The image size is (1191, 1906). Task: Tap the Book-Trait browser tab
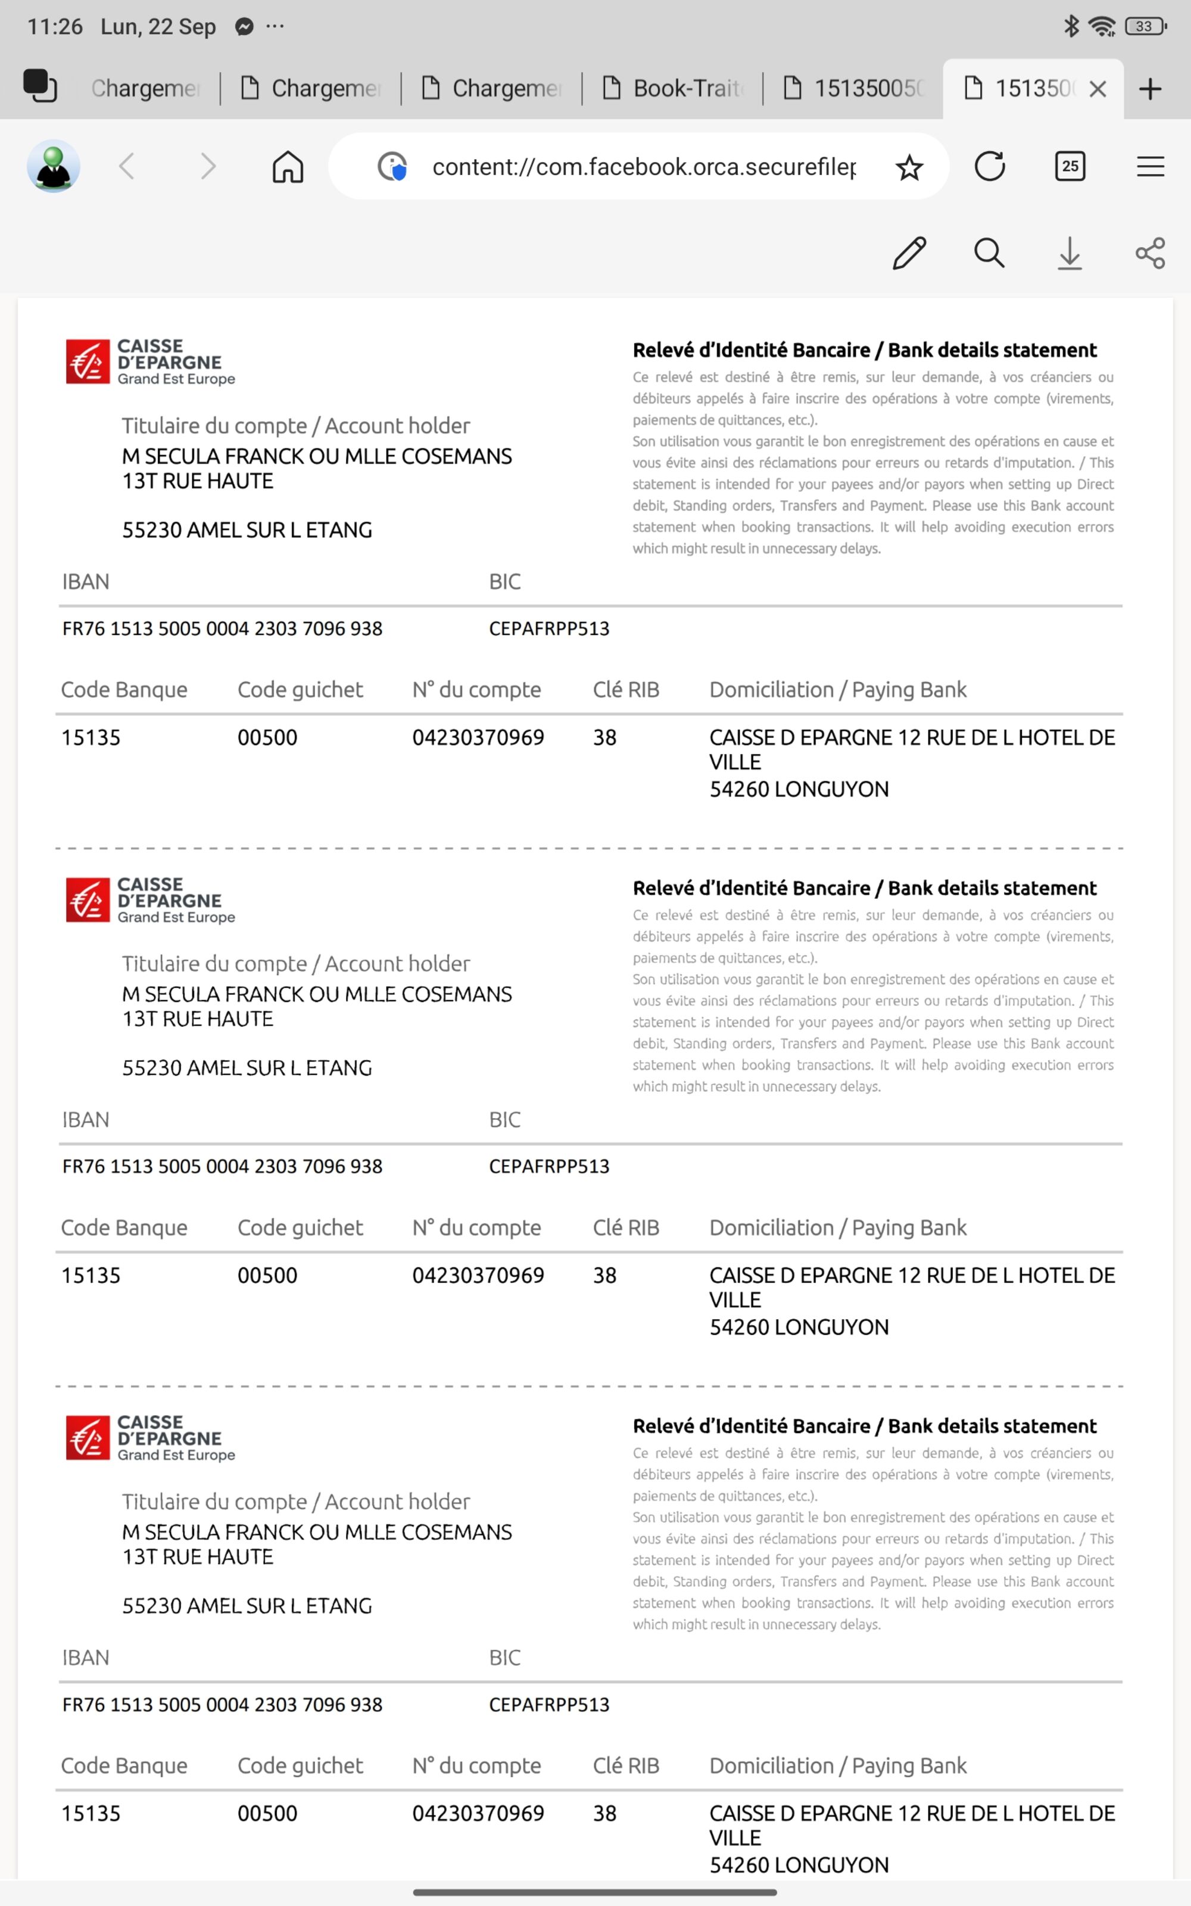point(674,88)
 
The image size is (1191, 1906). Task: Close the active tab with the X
point(1098,89)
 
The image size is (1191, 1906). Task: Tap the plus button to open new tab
point(1150,89)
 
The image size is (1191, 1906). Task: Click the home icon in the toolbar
point(288,167)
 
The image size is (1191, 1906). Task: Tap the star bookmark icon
point(909,167)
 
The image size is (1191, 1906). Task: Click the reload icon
point(989,166)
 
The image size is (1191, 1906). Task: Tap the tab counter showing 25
point(1070,166)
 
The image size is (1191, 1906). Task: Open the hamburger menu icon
point(1150,166)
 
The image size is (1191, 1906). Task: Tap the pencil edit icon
point(909,253)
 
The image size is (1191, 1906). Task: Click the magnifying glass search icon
point(989,253)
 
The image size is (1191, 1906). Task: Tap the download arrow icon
point(1069,253)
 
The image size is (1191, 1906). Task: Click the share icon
point(1150,253)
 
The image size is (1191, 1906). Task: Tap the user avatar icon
point(54,166)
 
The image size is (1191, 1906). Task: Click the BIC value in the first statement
point(549,628)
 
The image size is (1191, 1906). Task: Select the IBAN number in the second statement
point(222,1166)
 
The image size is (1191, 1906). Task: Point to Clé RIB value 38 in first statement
point(604,737)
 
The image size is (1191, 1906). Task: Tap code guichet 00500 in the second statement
point(267,1275)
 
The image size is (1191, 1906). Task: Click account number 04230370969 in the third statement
point(478,1813)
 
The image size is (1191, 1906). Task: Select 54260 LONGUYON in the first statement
point(799,789)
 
